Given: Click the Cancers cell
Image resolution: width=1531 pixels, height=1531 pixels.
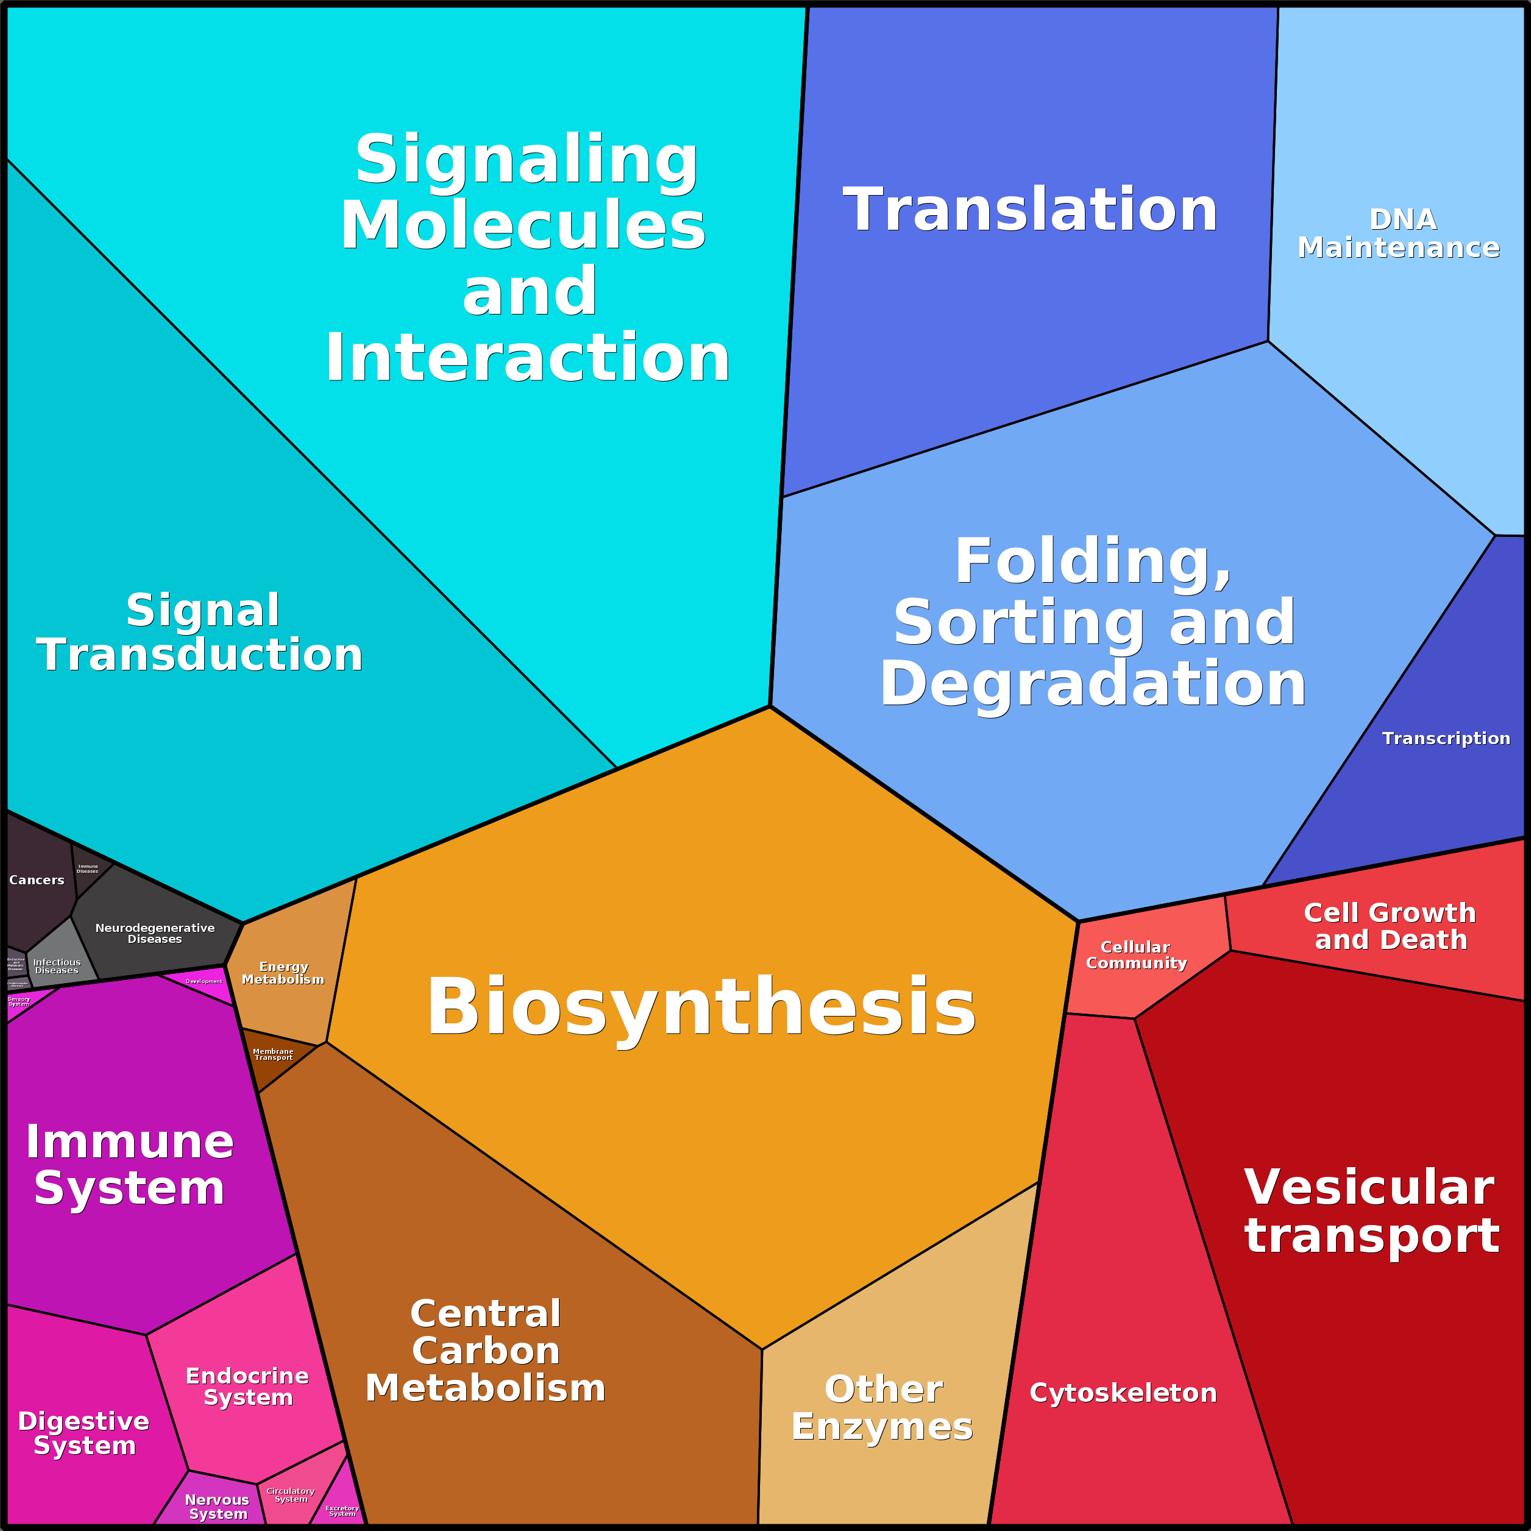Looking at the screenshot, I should (x=37, y=881).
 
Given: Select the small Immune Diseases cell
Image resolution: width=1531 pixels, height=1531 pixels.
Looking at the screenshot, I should (x=88, y=869).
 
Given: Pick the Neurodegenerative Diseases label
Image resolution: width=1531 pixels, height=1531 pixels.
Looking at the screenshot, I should (x=155, y=934).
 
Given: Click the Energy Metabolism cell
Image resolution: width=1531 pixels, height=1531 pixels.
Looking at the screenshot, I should (x=283, y=973).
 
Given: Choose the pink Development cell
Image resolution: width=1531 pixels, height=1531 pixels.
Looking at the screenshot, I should (x=203, y=982).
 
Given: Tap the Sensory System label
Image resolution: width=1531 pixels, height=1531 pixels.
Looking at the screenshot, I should (x=18, y=1001).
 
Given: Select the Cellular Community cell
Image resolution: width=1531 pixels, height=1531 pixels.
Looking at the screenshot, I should (x=1135, y=955).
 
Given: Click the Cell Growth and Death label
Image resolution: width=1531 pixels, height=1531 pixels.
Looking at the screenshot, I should (x=1390, y=926).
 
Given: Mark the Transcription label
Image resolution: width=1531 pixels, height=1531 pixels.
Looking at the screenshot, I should (x=1446, y=739).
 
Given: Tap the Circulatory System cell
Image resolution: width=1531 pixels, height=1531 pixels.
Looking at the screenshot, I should (x=290, y=1495).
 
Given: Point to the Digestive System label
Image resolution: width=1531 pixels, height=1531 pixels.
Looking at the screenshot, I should (x=83, y=1433).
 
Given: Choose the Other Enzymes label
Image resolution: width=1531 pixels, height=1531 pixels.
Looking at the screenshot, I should (x=882, y=1407).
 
